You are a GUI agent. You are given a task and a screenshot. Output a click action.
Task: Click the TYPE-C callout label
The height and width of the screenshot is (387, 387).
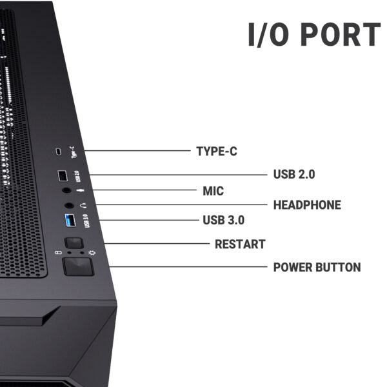tap(217, 152)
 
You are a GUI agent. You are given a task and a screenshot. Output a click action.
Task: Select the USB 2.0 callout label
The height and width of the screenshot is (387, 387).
tap(294, 174)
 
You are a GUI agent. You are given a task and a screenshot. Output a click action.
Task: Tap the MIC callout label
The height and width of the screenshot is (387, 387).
tap(213, 191)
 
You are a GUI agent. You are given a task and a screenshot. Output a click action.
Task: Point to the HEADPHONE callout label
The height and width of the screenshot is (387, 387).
tap(307, 205)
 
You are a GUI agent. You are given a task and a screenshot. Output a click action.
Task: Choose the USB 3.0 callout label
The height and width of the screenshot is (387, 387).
tap(224, 220)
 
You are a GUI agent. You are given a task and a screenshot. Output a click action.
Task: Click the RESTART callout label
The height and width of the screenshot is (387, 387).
tap(240, 244)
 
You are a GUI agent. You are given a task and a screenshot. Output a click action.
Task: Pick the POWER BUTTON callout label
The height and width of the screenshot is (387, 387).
tap(317, 267)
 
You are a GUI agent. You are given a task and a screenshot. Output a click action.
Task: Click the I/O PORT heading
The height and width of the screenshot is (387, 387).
tap(314, 34)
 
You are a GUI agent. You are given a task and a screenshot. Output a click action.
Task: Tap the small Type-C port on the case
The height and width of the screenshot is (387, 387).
tap(59, 152)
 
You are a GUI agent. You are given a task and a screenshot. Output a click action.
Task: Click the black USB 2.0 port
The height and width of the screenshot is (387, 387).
tap(63, 176)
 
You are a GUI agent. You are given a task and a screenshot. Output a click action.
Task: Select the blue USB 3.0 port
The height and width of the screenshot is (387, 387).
tap(70, 220)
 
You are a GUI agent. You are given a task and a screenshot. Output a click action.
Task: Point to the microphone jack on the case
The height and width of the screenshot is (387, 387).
tap(66, 190)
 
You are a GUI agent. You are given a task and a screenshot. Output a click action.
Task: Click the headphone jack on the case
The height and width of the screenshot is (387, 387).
tap(70, 205)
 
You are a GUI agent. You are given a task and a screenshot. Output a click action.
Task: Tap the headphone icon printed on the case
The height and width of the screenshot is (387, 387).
tap(84, 205)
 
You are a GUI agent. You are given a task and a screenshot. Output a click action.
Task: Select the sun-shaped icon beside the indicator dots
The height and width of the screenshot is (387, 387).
tap(92, 253)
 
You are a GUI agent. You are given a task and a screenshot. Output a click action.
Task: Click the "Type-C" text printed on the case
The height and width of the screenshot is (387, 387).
tap(74, 152)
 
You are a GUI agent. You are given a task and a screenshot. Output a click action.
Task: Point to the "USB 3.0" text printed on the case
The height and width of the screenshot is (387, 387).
tap(86, 221)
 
